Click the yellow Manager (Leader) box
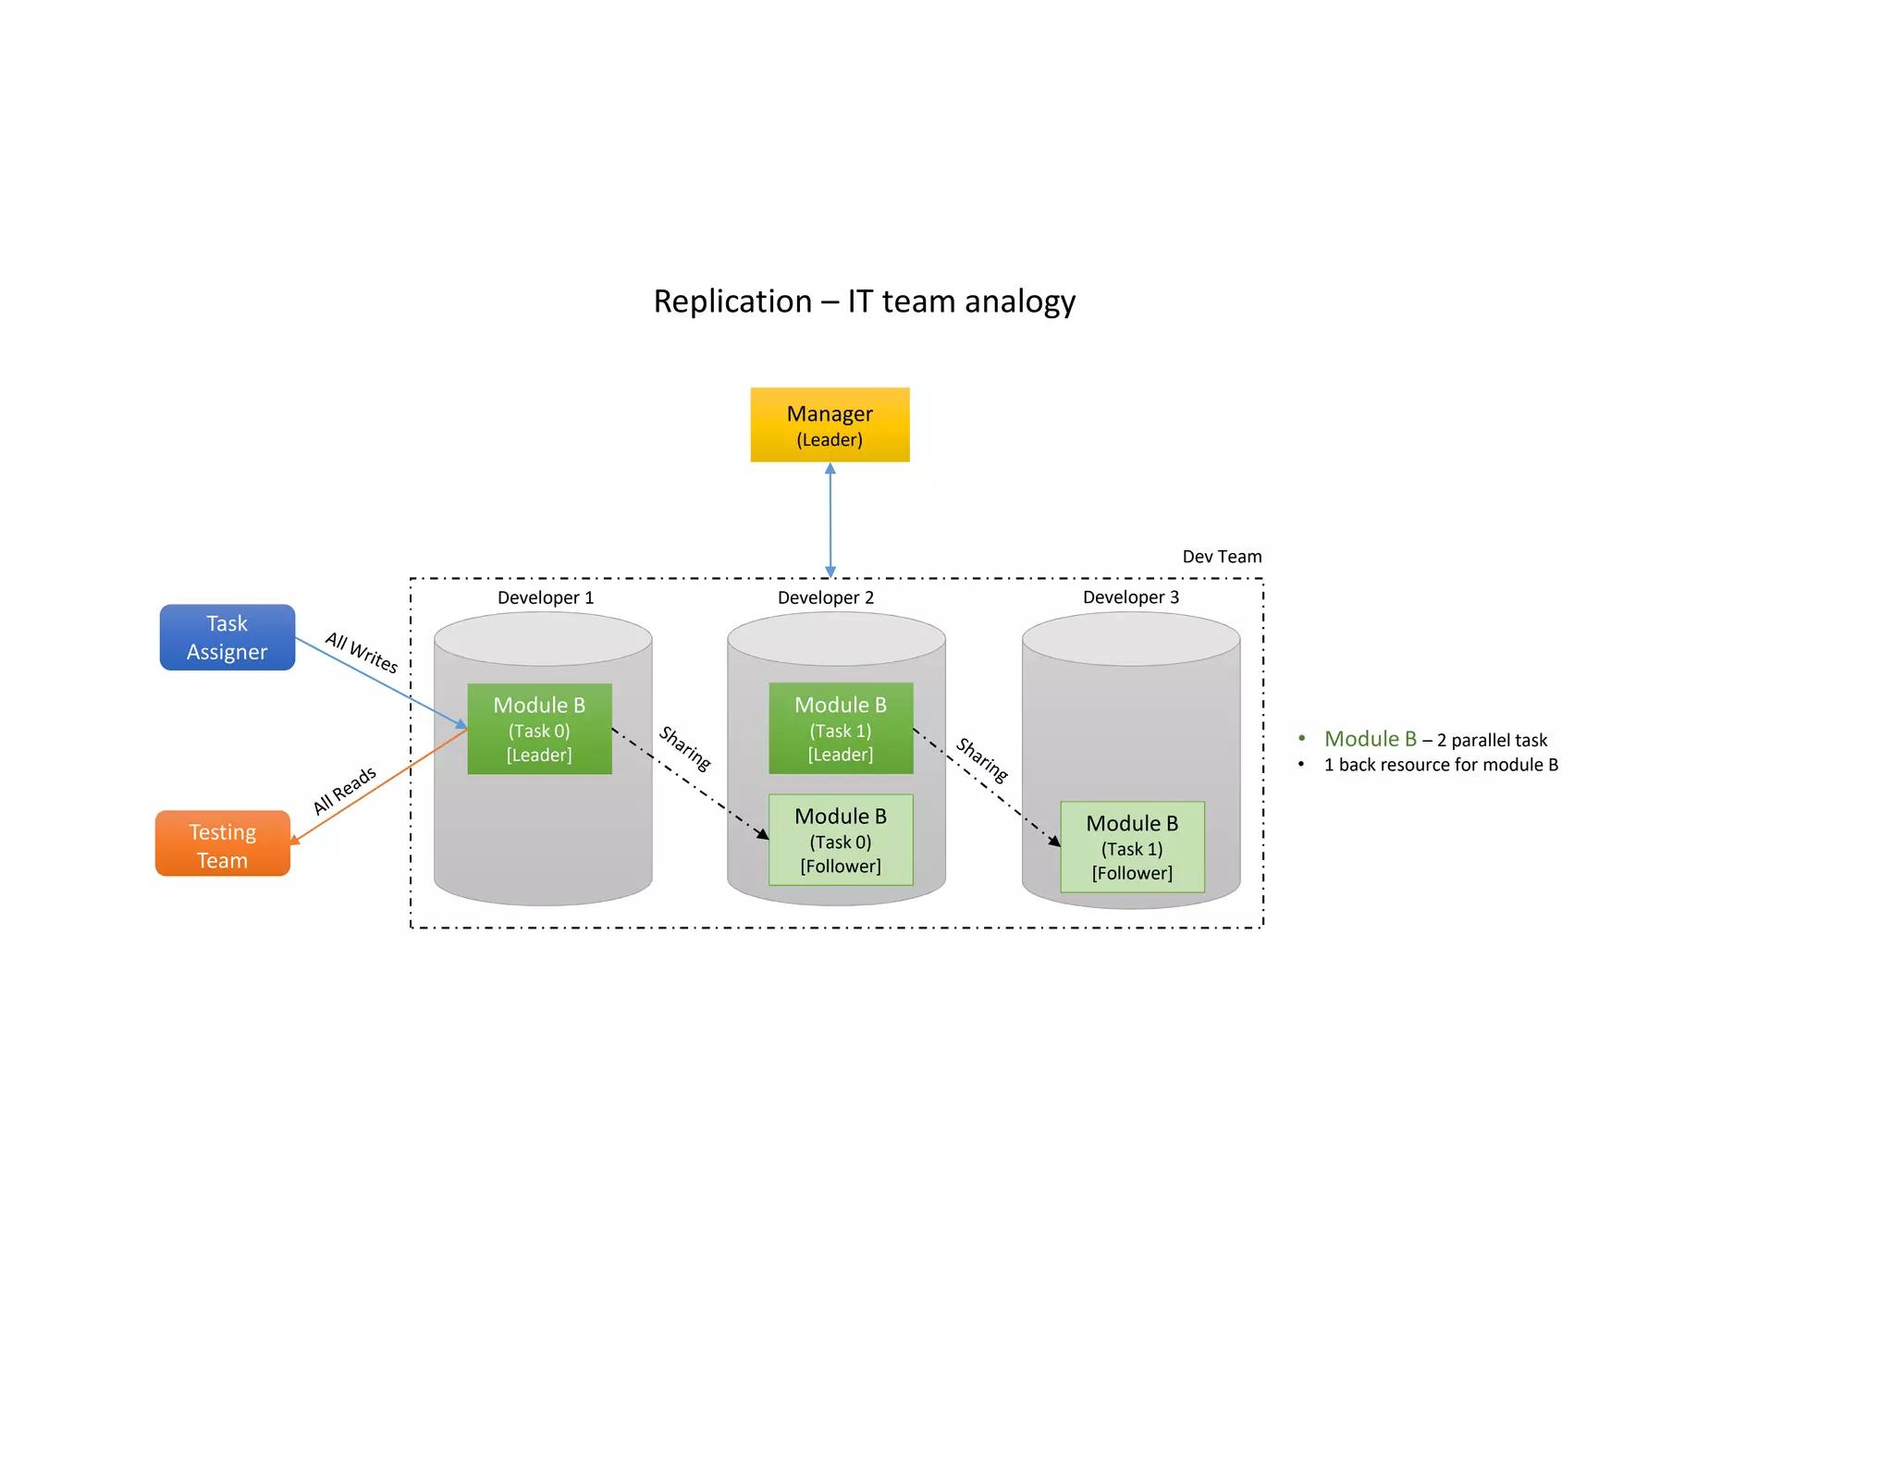[x=830, y=424]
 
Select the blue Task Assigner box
[x=227, y=637]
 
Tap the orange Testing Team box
[x=222, y=844]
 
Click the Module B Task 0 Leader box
[x=539, y=729]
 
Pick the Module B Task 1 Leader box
[x=841, y=728]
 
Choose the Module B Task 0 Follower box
[x=841, y=840]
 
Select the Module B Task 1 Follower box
[x=1132, y=847]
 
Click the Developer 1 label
[x=546, y=597]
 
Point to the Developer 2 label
[x=825, y=597]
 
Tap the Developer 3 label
[x=1130, y=597]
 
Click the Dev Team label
[x=1222, y=557]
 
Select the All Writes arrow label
[x=362, y=653]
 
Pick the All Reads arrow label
[x=344, y=791]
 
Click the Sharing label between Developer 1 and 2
[x=684, y=749]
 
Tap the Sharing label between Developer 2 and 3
[x=981, y=760]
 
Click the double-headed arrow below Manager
[x=830, y=520]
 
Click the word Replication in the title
[x=732, y=302]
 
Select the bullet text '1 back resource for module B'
[x=1441, y=765]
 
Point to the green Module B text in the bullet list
[x=1370, y=739]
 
